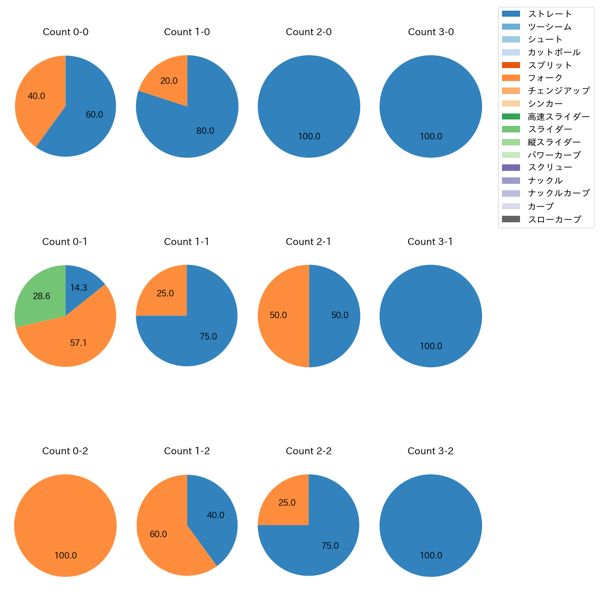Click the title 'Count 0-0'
[65, 32]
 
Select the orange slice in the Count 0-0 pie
[37, 97]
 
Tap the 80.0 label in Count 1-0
[205, 131]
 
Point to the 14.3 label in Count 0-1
[79, 288]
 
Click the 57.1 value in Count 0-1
[78, 343]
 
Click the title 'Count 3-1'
[430, 242]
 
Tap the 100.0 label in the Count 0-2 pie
[65, 556]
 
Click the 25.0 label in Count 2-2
[287, 503]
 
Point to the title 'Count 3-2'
[430, 451]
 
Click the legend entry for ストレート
[550, 14]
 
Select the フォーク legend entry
[545, 78]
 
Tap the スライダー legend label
[550, 129]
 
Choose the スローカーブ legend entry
[554, 219]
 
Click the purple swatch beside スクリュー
[511, 168]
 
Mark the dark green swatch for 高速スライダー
[511, 116]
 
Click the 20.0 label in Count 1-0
[169, 81]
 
